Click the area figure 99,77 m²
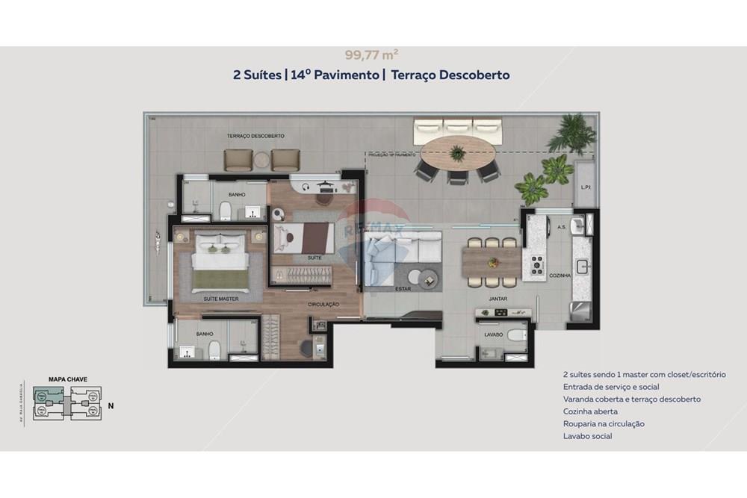(371, 54)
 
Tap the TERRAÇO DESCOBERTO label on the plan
(255, 136)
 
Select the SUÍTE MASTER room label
(221, 298)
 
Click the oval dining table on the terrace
(457, 154)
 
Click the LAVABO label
(493, 335)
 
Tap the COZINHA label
(560, 276)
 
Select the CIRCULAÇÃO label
(323, 305)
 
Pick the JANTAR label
(498, 299)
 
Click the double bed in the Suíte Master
(220, 261)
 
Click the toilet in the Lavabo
(517, 334)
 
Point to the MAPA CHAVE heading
(67, 379)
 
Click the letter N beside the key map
(111, 406)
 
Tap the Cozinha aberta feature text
(590, 411)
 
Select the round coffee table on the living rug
(428, 278)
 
